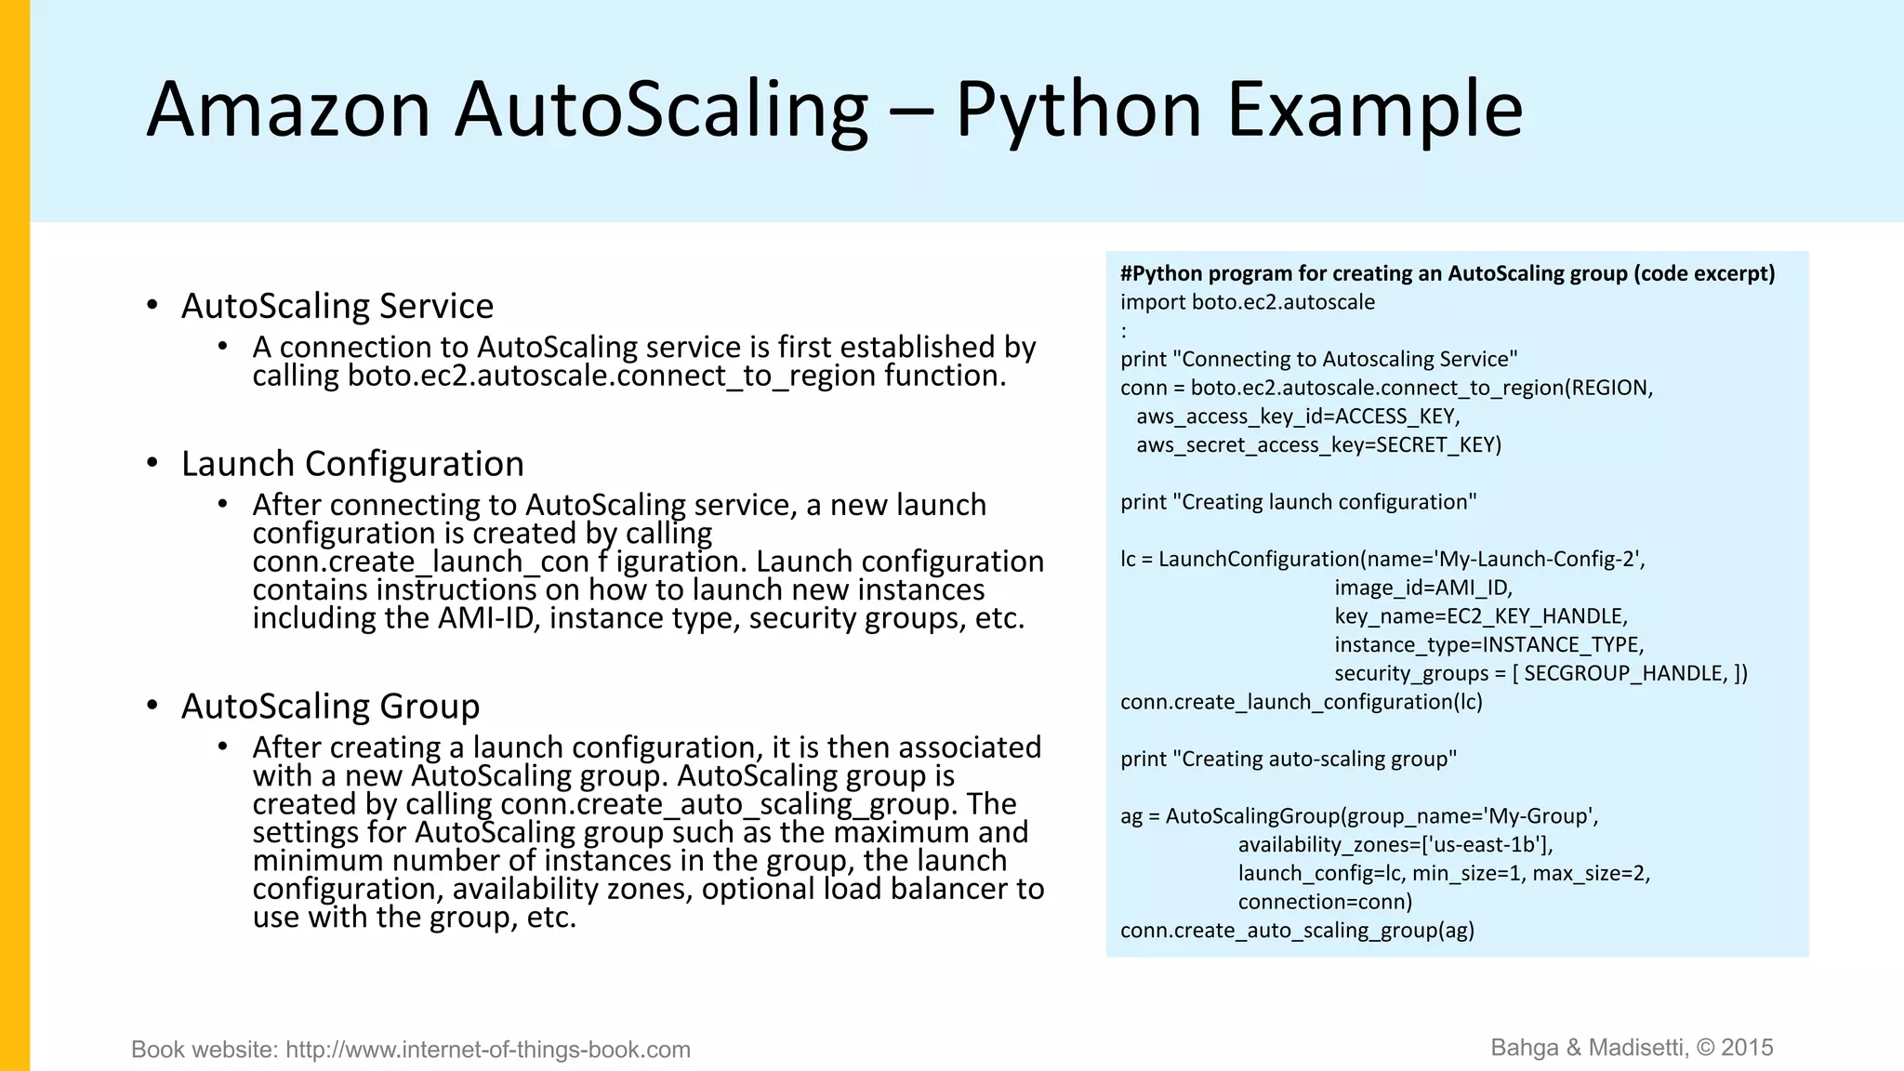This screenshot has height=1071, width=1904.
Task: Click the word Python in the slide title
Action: (1078, 110)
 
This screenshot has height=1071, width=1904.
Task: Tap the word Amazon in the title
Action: (288, 110)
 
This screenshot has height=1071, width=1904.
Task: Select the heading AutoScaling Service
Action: (337, 306)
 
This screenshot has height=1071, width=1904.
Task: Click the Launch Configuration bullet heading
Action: (352, 464)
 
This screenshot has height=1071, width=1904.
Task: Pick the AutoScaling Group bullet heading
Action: (330, 707)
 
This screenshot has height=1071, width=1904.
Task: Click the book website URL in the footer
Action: (488, 1050)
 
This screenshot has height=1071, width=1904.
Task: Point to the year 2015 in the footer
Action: (1747, 1048)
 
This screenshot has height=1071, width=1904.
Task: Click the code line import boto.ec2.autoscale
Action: (1247, 302)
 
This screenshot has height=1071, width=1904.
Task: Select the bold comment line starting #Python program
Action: (1447, 273)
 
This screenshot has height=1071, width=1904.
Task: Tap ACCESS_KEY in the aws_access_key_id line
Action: (1396, 416)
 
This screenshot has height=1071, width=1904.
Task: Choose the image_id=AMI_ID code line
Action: (1423, 588)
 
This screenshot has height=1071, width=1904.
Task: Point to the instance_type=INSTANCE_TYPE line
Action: (1488, 644)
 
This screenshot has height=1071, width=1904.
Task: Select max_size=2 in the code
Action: (1590, 873)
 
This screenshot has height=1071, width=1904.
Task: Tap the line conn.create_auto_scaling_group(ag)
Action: (1297, 931)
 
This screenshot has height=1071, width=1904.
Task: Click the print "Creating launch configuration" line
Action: (1298, 502)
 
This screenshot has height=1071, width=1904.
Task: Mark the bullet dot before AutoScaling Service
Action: (152, 306)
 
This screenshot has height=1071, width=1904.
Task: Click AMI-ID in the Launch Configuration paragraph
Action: (489, 618)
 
